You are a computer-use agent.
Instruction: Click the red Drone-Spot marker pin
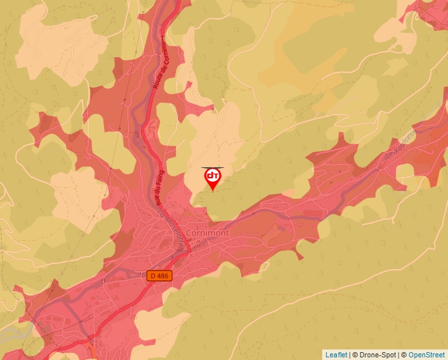tap(213, 178)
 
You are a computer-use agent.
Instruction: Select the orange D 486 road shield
tap(159, 276)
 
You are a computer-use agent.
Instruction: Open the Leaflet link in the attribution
tap(337, 355)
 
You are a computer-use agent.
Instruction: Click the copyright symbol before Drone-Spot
tap(356, 355)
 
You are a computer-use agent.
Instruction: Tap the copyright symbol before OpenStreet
tap(405, 355)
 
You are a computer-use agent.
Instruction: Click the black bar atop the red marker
tap(213, 167)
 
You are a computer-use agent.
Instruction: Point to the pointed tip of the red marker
tap(213, 191)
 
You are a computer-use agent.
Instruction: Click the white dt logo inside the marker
tap(213, 176)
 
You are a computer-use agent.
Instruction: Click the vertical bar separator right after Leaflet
tap(350, 355)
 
